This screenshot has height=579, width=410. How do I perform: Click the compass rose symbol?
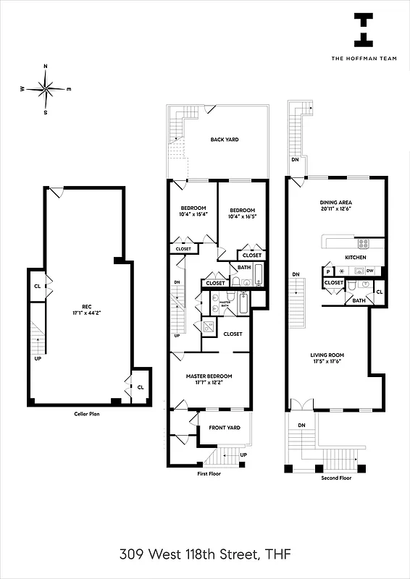[x=46, y=89]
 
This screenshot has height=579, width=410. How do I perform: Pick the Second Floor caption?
[x=336, y=478]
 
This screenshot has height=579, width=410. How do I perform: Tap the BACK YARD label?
[x=225, y=140]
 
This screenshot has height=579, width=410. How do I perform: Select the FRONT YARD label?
[x=224, y=428]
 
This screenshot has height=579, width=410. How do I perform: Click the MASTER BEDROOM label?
[x=209, y=376]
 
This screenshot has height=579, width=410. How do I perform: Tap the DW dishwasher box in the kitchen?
[x=369, y=271]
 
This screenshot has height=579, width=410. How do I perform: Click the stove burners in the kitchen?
[x=363, y=243]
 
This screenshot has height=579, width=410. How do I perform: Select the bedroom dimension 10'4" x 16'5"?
[x=243, y=216]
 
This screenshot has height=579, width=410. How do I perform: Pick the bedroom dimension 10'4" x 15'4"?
[x=193, y=214]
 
